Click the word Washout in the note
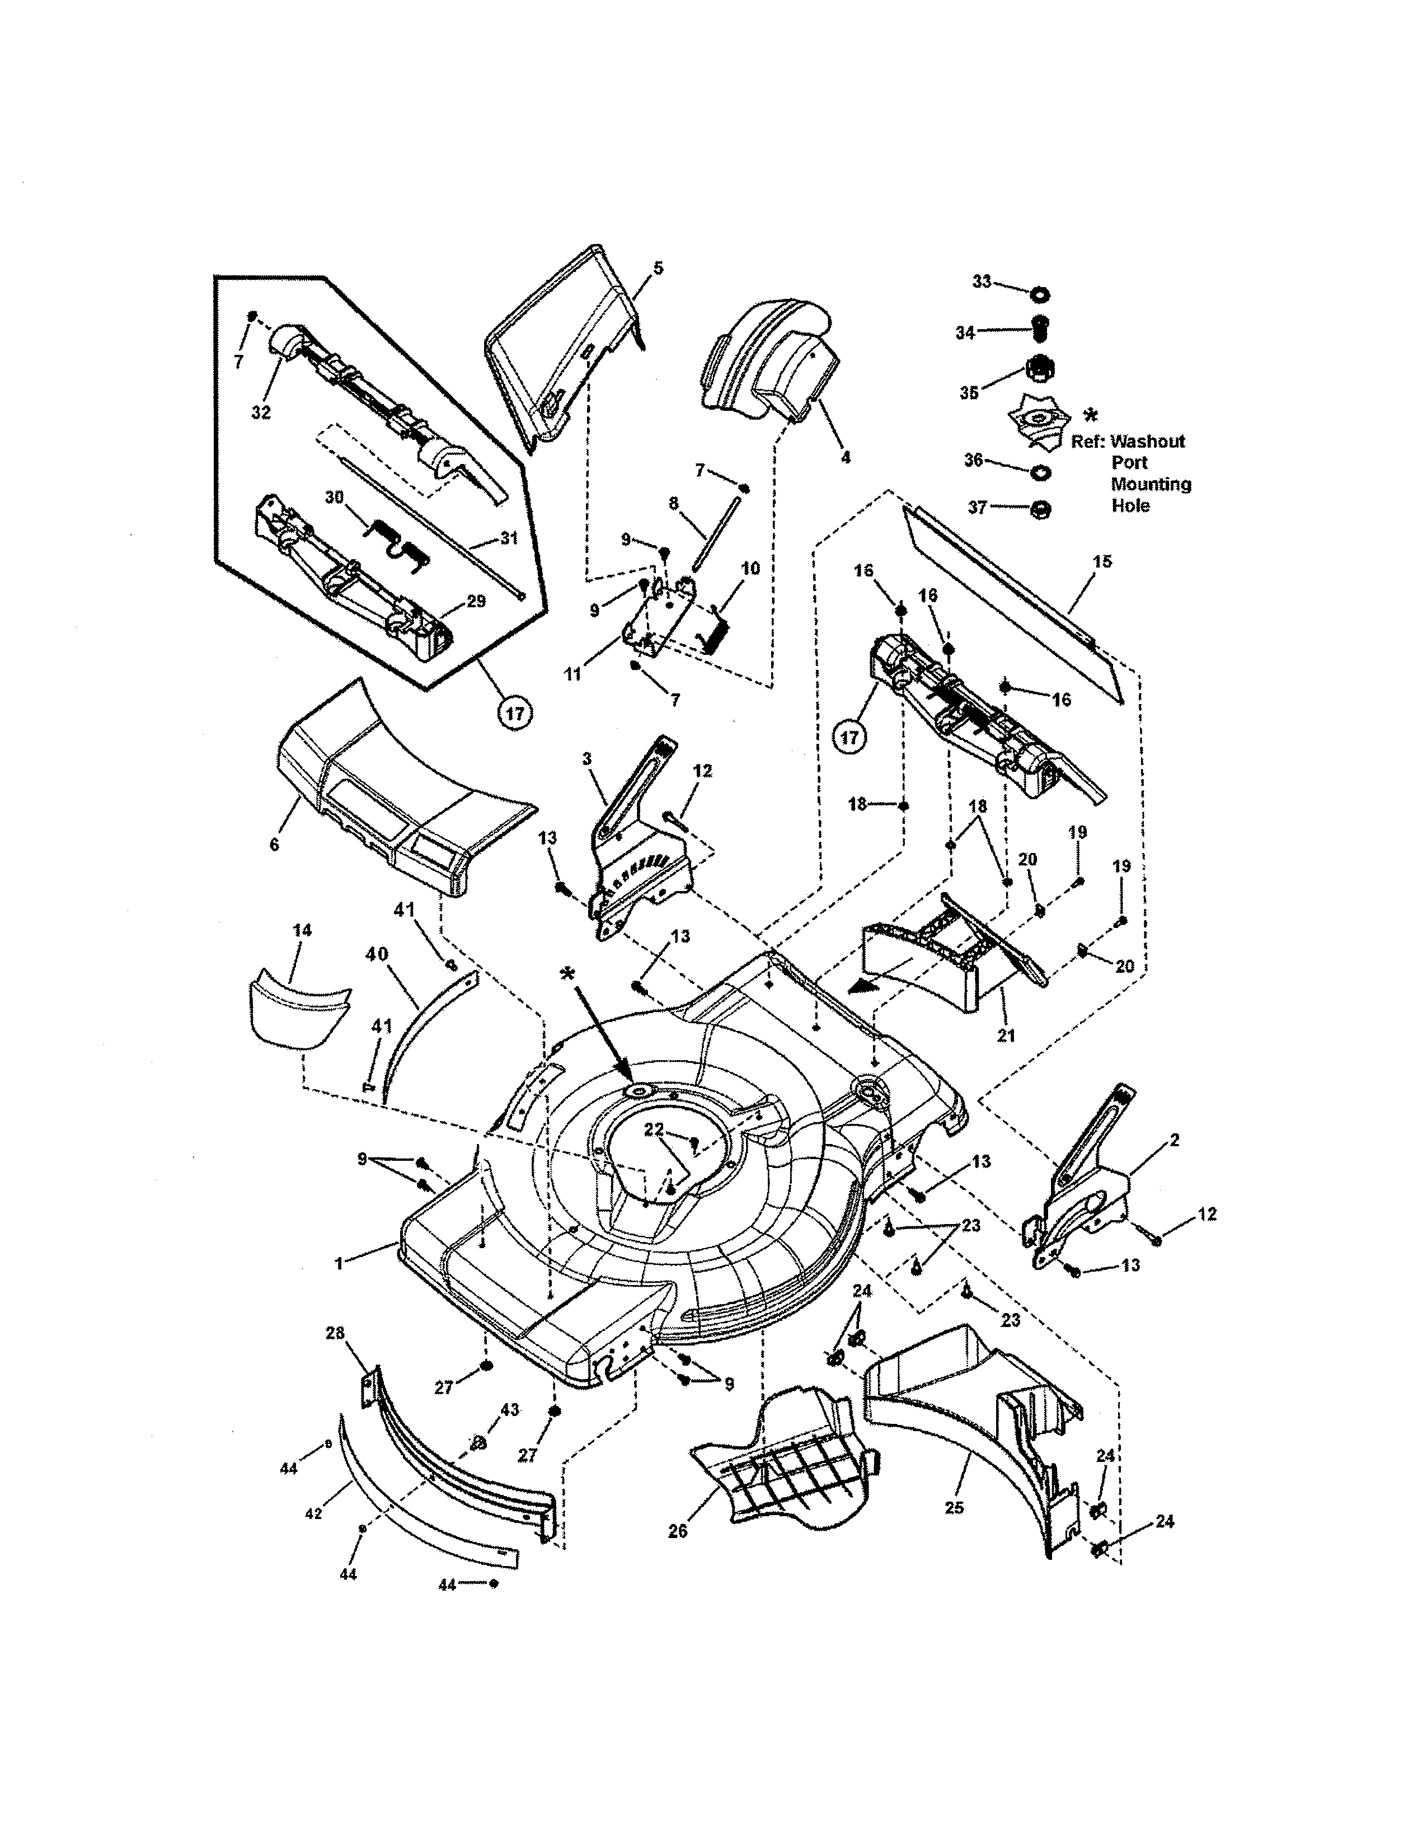click(x=1147, y=442)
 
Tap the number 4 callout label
click(x=846, y=457)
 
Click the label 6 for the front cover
click(x=274, y=844)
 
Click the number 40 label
click(x=377, y=954)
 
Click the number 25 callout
click(x=954, y=1508)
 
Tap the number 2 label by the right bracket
click(x=1174, y=1141)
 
